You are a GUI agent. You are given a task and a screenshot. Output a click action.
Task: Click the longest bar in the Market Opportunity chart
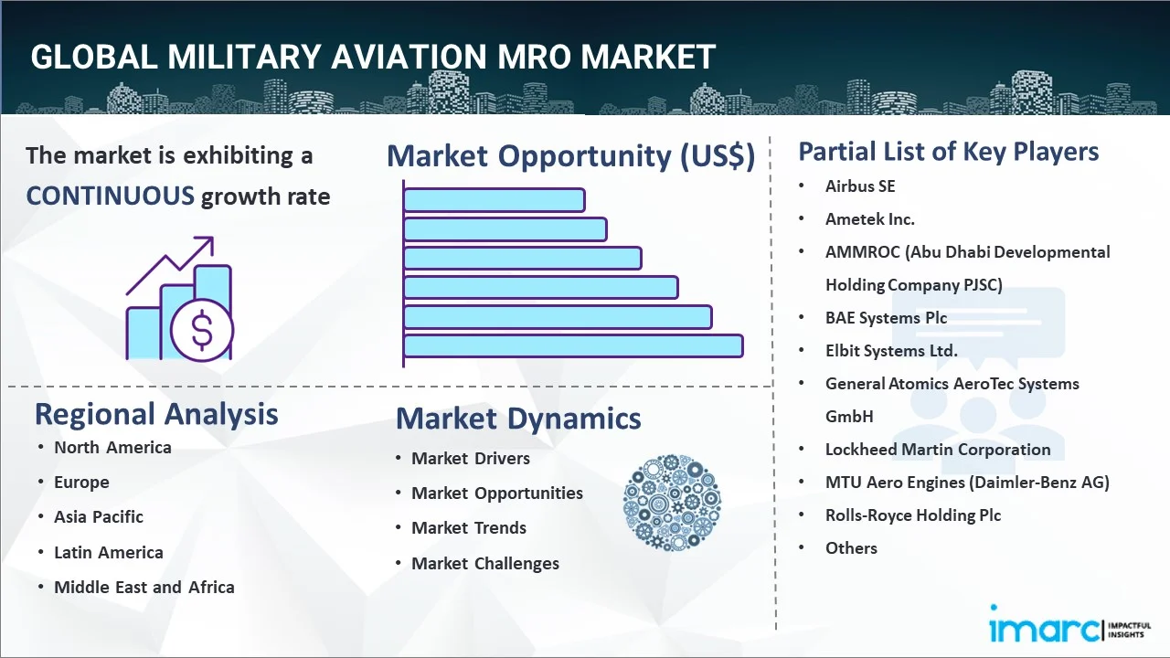(573, 345)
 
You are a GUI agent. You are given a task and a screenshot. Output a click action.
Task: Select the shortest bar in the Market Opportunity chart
(494, 199)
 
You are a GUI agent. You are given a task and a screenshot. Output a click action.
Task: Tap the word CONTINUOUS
(110, 196)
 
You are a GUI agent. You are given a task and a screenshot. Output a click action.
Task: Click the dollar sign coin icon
(202, 331)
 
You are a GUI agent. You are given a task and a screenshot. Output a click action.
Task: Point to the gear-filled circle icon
(672, 504)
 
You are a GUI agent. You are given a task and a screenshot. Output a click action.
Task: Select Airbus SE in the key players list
(860, 186)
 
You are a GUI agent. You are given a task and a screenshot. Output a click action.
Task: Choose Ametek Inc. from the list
(869, 219)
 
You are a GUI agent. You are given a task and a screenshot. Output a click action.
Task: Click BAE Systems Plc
(886, 318)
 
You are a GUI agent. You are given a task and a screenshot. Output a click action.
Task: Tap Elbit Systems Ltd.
(891, 351)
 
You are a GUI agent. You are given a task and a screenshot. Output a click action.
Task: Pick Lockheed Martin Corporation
(938, 450)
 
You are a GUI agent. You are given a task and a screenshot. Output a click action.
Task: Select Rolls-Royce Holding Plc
(913, 515)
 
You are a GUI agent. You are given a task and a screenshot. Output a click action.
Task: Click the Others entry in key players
(851, 548)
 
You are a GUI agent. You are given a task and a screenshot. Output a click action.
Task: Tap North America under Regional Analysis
(112, 448)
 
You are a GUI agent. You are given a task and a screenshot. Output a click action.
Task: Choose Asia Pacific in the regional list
(99, 517)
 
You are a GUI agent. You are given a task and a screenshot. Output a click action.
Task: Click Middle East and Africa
(144, 588)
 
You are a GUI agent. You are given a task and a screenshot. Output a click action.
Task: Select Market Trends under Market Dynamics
(469, 528)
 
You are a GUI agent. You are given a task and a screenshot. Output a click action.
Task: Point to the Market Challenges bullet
(485, 564)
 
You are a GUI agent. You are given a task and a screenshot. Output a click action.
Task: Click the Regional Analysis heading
(156, 414)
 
